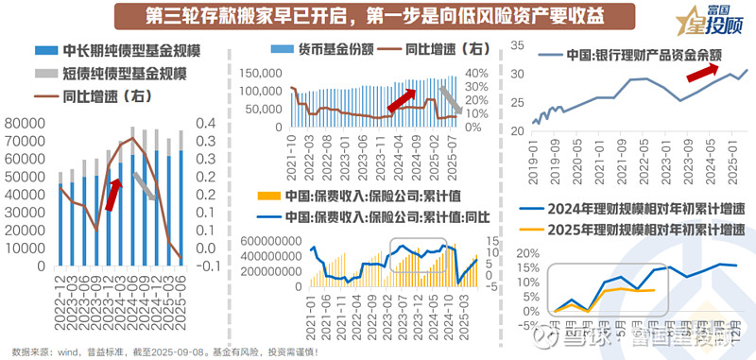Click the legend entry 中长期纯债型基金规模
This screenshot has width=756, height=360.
click(124, 52)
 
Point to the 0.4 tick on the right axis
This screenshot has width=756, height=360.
click(203, 122)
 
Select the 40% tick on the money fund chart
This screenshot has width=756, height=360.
click(474, 73)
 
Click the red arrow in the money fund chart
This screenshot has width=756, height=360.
click(402, 96)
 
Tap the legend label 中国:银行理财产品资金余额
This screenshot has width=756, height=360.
click(638, 53)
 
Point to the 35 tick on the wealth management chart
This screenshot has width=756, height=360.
click(519, 44)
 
